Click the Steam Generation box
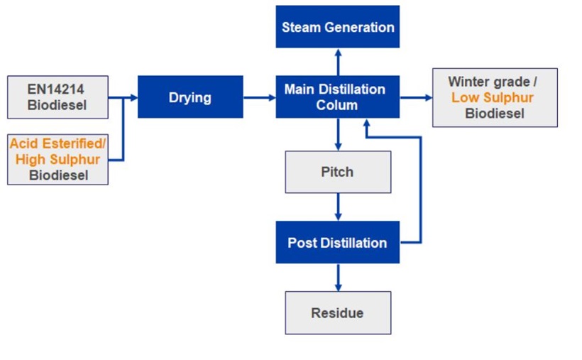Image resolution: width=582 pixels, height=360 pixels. [338, 27]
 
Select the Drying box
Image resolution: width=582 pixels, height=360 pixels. [190, 97]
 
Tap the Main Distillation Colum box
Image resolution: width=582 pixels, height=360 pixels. [338, 97]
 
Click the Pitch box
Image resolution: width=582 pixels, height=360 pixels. [338, 172]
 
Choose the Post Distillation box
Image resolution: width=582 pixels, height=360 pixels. [338, 242]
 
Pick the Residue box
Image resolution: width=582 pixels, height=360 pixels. [338, 312]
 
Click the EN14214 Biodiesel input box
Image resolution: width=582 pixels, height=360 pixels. [57, 97]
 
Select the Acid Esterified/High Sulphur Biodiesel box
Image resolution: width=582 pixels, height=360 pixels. [57, 159]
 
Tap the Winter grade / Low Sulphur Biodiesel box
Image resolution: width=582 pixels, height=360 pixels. [495, 97]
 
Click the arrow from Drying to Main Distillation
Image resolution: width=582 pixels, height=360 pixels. [259, 97]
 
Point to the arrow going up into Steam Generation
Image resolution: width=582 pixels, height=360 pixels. [338, 62]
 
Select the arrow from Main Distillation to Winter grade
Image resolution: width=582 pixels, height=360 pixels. [416, 97]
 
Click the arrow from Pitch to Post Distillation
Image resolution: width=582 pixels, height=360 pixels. [338, 207]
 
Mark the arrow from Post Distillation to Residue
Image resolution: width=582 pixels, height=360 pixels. [338, 277]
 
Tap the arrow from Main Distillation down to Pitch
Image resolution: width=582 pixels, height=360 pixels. [338, 134]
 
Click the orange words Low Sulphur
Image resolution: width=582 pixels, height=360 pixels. [492, 98]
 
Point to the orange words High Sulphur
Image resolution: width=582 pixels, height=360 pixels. [57, 160]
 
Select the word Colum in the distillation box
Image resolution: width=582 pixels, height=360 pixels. [337, 105]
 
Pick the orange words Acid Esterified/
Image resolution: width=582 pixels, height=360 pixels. [57, 144]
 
